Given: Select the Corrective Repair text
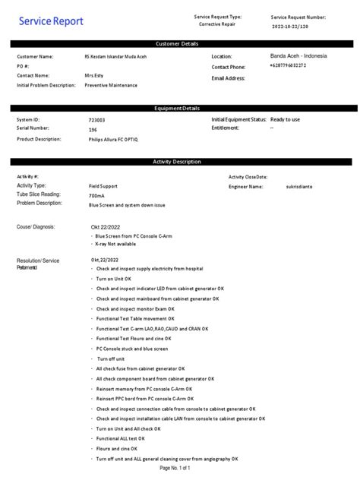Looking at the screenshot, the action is coord(217,24).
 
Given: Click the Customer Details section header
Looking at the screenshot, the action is coord(180,44).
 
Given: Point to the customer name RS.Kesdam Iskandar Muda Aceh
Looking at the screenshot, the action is coord(115,57).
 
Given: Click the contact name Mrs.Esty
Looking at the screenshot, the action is coord(95,76).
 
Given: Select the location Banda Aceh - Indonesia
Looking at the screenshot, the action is coord(300,56).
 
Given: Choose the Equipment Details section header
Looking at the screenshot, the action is coord(180,109).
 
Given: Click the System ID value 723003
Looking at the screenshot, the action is coord(96,121).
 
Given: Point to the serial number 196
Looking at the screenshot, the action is coord(93,130).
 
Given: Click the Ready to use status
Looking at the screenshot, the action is coord(285,120).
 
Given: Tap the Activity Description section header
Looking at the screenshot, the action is coord(180,162).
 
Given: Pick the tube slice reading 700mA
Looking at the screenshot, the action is coord(96,195).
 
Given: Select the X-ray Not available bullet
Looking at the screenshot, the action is coord(116,245).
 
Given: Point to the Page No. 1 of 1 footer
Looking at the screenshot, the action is coord(175,468).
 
